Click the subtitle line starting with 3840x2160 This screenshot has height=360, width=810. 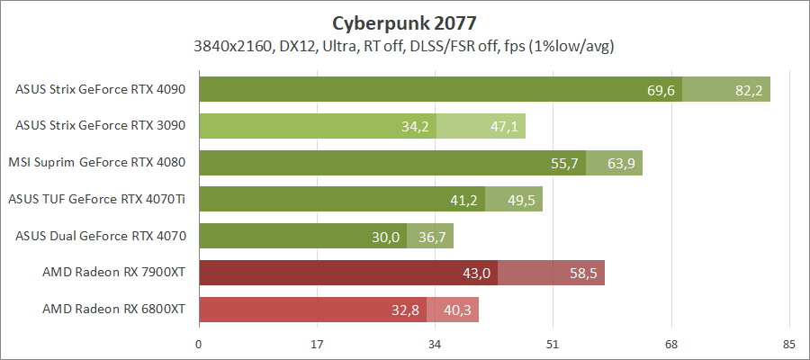404,46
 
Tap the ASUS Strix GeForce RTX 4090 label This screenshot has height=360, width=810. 101,89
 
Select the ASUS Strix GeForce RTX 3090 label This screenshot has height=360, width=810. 101,126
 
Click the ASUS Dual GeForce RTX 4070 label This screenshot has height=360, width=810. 101,236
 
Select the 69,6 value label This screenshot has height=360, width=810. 661,90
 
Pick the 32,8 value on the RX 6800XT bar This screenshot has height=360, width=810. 405,310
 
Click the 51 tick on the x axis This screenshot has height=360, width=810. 553,344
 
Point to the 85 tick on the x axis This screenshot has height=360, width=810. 788,344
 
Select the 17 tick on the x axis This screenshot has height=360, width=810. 317,344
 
